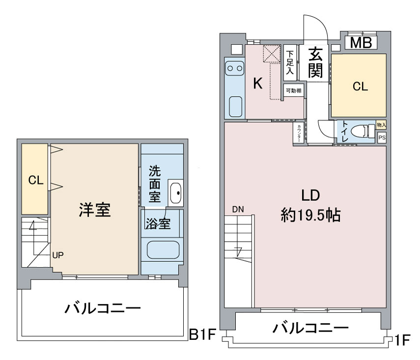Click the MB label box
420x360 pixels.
361,43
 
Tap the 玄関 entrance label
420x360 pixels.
315,62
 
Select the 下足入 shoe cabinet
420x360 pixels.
290,63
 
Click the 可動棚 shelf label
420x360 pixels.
294,90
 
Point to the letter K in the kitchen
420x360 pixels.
258,83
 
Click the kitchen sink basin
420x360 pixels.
236,107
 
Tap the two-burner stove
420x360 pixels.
235,68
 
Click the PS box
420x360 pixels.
382,138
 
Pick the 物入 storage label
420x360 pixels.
381,125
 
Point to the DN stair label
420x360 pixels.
238,209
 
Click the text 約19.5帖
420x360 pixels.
311,215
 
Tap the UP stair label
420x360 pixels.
58,255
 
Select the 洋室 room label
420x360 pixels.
95,210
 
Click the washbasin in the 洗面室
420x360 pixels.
176,193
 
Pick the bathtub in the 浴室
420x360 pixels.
163,250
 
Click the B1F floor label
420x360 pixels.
202,334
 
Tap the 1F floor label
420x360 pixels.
403,340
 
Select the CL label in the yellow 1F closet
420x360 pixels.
360,86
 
